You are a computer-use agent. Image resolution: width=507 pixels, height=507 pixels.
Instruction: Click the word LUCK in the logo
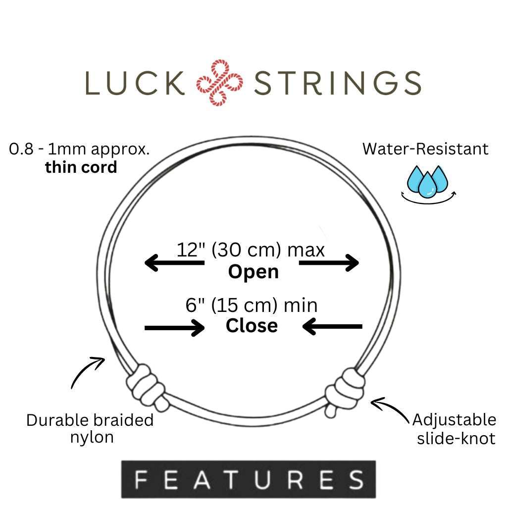(x=134, y=83)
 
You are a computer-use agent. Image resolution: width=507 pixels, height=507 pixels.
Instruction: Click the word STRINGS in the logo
(x=337, y=83)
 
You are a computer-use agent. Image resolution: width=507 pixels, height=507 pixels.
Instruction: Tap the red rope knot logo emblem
(x=220, y=83)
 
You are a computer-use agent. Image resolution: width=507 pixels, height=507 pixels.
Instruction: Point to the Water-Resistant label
(x=425, y=149)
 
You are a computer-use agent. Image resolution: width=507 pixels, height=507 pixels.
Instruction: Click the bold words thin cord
(x=81, y=167)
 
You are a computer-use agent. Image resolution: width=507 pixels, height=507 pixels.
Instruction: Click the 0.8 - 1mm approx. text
(x=80, y=149)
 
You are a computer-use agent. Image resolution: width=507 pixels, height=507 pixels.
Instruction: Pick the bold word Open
(x=253, y=272)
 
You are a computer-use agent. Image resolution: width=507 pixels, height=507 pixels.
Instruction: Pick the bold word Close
(x=252, y=325)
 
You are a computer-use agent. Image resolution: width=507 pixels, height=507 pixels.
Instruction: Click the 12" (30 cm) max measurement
(x=251, y=250)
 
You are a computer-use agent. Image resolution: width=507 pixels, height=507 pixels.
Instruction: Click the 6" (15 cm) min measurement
(x=252, y=305)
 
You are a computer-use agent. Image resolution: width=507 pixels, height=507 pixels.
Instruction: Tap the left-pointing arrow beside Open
(x=174, y=263)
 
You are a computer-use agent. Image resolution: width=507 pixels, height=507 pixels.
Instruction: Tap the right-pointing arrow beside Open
(x=329, y=263)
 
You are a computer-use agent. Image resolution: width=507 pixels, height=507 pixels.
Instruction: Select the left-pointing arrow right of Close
(x=332, y=327)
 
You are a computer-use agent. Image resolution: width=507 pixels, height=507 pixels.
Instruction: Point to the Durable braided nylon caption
(x=90, y=429)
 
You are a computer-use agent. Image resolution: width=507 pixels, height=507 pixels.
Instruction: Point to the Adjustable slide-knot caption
(x=455, y=429)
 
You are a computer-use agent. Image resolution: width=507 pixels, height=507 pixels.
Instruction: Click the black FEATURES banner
(x=249, y=479)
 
